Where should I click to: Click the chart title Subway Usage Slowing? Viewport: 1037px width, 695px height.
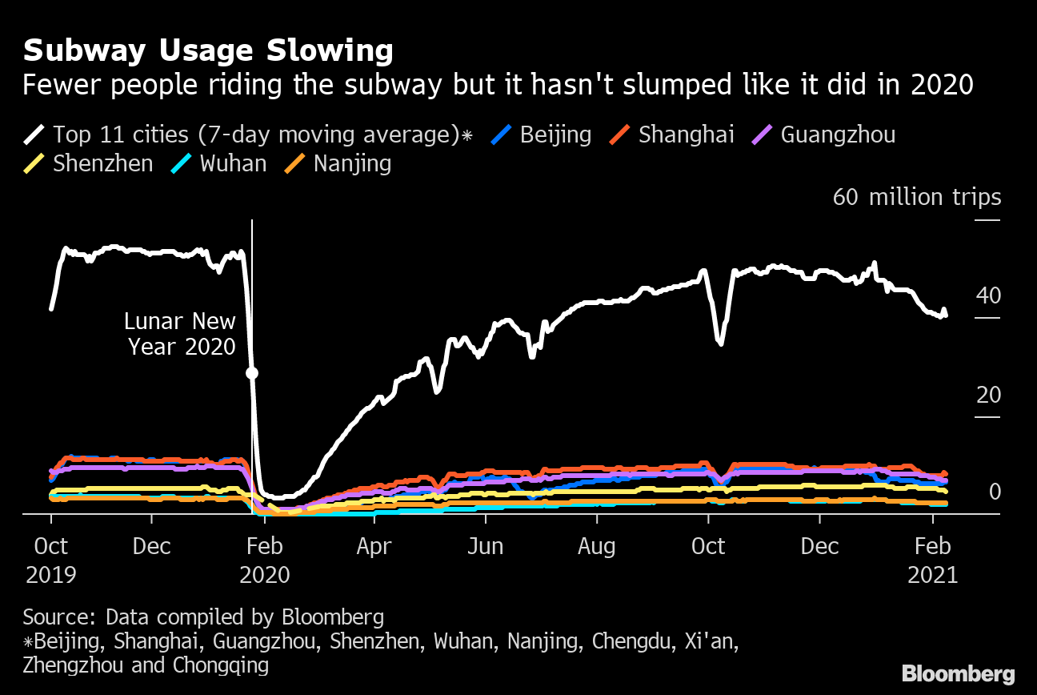pyautogui.click(x=208, y=51)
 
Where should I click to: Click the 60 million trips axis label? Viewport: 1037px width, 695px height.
pyautogui.click(x=916, y=197)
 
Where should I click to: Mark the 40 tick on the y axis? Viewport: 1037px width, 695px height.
pyautogui.click(x=988, y=295)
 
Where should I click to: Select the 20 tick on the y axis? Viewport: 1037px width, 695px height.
pyautogui.click(x=988, y=395)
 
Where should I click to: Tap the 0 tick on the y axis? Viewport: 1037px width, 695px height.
pyautogui.click(x=995, y=491)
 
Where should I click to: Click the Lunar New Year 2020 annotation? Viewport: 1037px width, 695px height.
pyautogui.click(x=180, y=334)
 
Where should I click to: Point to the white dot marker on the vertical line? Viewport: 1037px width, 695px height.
pyautogui.click(x=252, y=373)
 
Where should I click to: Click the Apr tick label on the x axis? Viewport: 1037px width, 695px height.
pyautogui.click(x=374, y=547)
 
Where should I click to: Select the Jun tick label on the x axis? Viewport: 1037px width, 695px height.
pyautogui.click(x=485, y=547)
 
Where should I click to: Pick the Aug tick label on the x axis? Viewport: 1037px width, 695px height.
pyautogui.click(x=597, y=547)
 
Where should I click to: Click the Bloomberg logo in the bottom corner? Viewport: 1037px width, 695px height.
pyautogui.click(x=958, y=674)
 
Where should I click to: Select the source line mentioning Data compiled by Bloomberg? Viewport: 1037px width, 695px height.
pyautogui.click(x=203, y=617)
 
